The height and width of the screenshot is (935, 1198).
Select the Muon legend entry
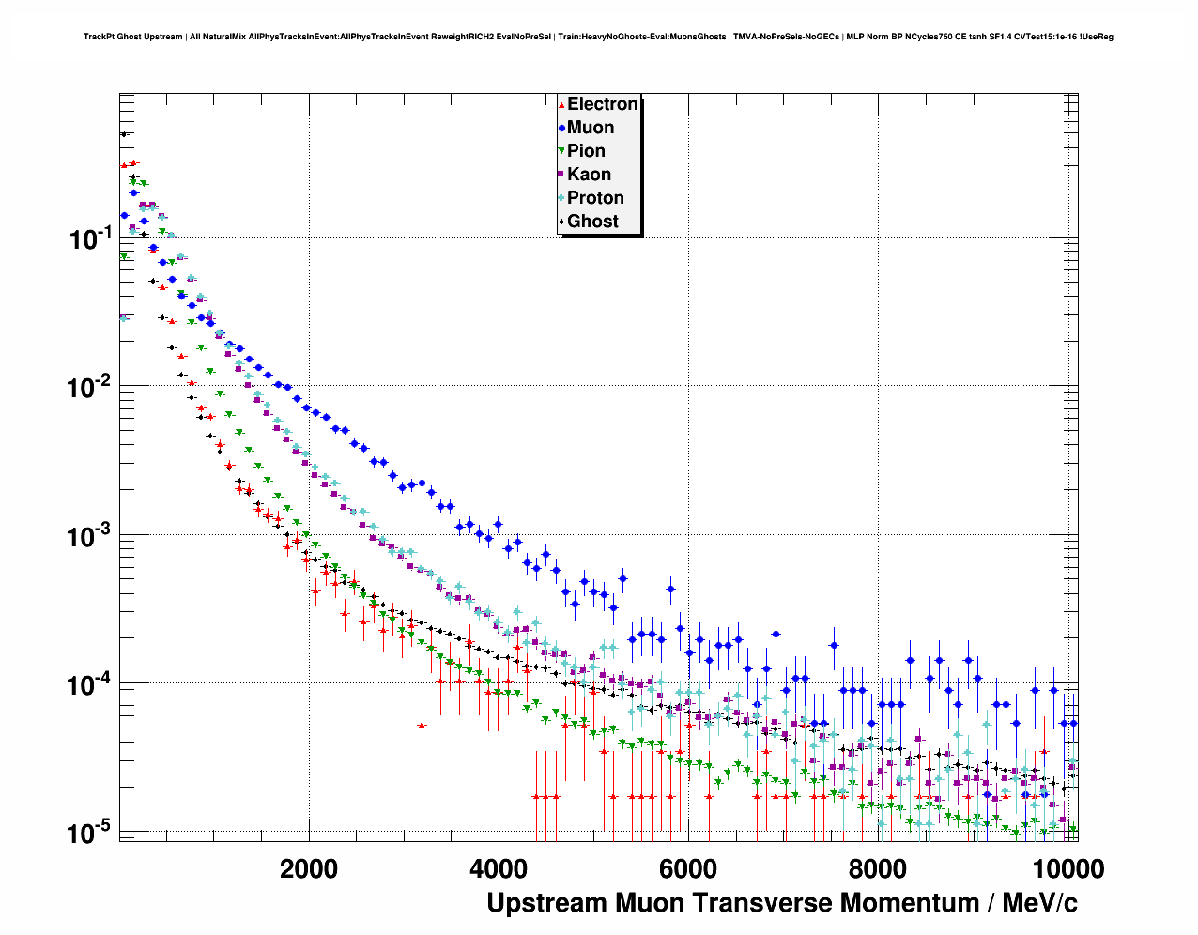point(590,128)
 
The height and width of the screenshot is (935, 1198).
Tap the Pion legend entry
point(586,151)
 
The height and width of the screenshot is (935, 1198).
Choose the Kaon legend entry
point(589,175)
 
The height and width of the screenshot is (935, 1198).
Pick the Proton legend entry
point(595,198)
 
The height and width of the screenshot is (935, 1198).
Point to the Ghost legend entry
point(592,222)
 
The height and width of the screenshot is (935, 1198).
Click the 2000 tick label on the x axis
point(309,869)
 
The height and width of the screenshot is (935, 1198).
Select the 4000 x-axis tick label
point(499,869)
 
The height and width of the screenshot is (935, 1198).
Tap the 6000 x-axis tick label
point(688,869)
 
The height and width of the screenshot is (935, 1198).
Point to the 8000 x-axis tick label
point(878,869)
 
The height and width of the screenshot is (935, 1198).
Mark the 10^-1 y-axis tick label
point(91,238)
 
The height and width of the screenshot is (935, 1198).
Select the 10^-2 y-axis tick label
point(91,387)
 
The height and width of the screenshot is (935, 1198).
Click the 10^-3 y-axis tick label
point(91,536)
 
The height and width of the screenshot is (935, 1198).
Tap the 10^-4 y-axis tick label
point(91,684)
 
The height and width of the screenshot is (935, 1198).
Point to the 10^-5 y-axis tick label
point(91,833)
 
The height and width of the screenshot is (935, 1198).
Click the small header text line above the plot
point(598,37)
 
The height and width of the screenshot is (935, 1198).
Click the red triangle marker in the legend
point(561,105)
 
